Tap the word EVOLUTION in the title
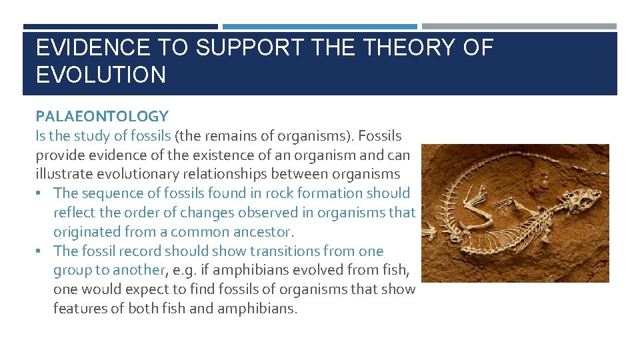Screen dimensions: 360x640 point(101,75)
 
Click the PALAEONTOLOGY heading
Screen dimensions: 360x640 point(102,117)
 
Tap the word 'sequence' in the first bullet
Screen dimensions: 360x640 point(109,193)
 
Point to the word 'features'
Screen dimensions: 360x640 point(80,309)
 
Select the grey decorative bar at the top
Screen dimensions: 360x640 point(519,27)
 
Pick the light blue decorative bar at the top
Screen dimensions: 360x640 point(320,27)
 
